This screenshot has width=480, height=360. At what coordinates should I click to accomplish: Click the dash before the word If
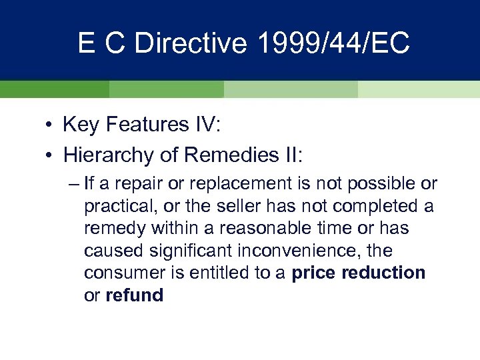[x=73, y=183]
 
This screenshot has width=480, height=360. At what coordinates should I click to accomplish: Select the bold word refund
[x=134, y=295]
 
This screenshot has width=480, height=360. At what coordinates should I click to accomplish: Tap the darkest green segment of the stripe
[x=54, y=89]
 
